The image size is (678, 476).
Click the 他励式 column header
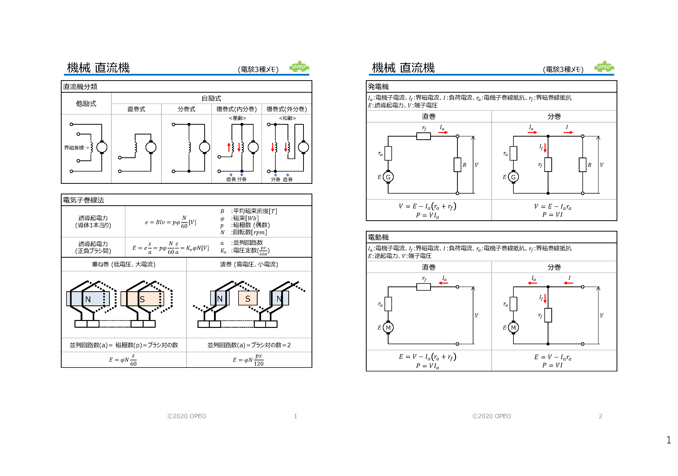click(x=86, y=104)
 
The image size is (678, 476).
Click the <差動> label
click(x=237, y=118)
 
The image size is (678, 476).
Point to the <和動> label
click(x=287, y=118)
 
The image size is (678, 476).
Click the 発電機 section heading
click(x=378, y=87)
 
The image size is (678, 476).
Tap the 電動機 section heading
click(x=378, y=237)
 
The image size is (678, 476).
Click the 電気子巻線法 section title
click(x=84, y=200)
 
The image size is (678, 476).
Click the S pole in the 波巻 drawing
click(x=248, y=299)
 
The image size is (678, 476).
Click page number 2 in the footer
click(x=600, y=416)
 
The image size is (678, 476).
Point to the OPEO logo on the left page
click(x=299, y=67)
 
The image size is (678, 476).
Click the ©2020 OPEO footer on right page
click(x=491, y=416)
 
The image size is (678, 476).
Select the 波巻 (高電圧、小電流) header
click(x=249, y=264)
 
